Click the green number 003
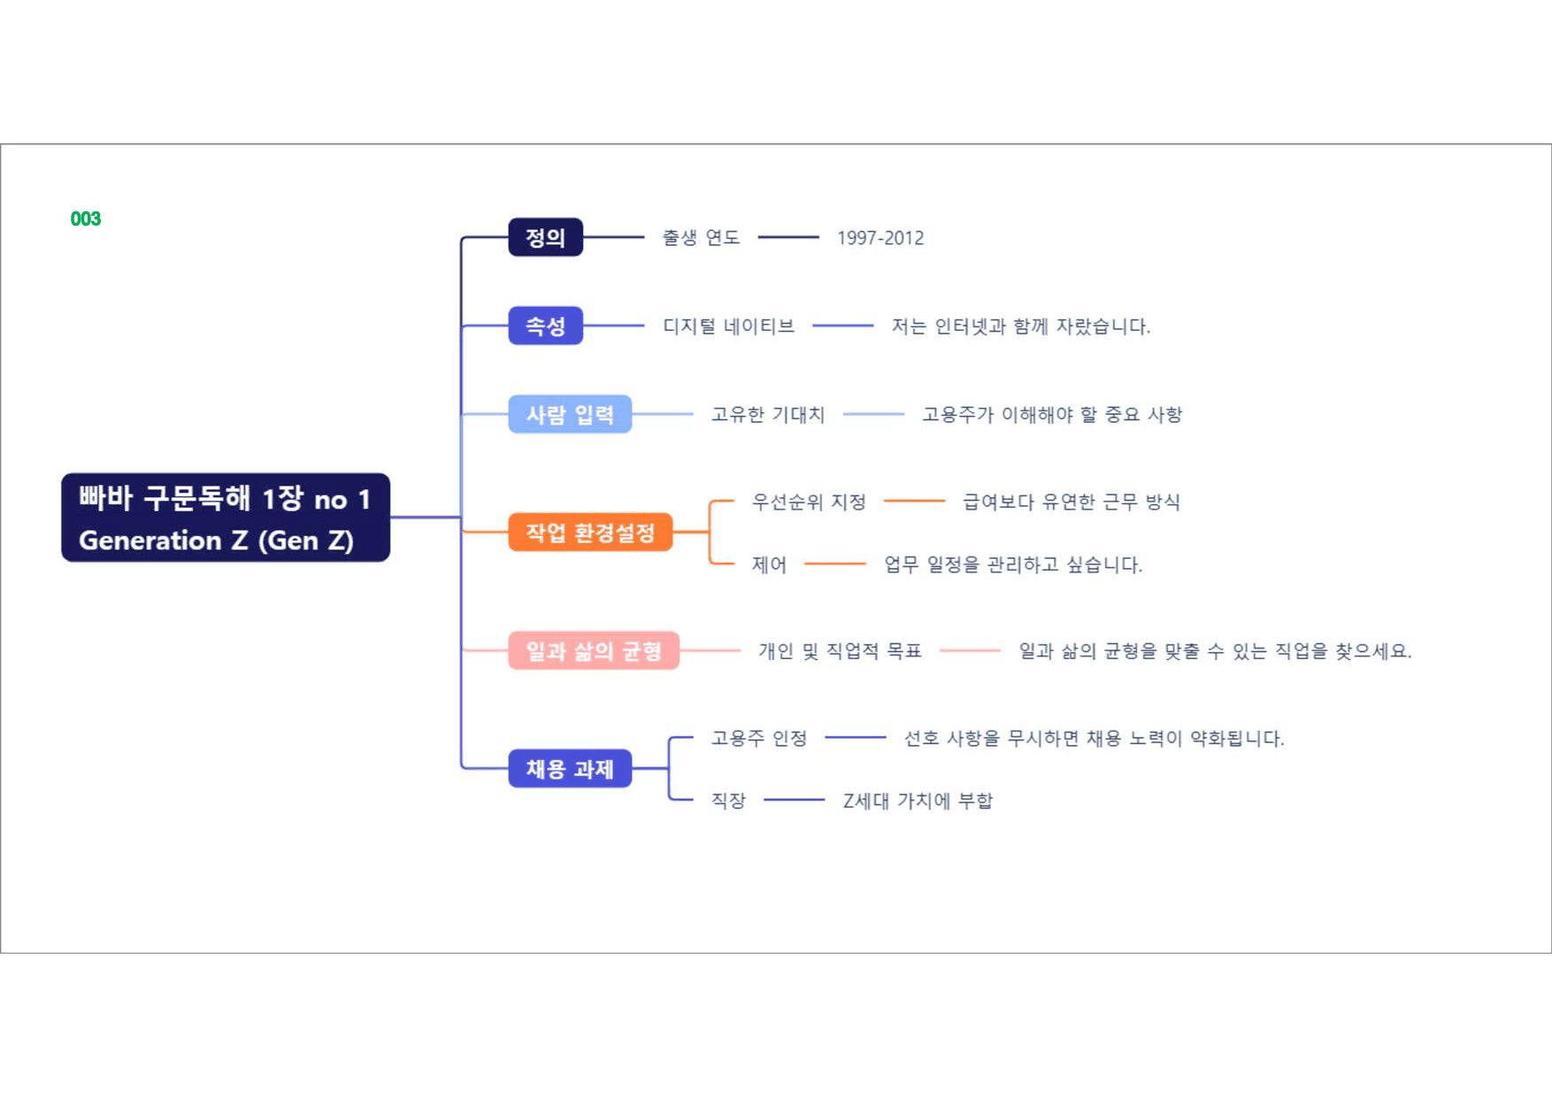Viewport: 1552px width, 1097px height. click(x=86, y=219)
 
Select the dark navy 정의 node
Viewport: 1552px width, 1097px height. click(x=545, y=237)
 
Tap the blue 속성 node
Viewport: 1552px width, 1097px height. click(x=545, y=326)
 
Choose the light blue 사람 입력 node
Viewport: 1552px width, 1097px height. click(x=570, y=414)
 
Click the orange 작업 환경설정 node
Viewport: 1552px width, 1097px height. click(x=590, y=533)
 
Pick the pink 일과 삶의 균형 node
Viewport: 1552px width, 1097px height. click(x=594, y=650)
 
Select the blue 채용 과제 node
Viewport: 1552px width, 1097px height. click(x=570, y=769)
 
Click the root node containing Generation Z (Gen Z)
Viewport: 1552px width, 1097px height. click(x=226, y=518)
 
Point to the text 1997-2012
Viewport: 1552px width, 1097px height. click(x=880, y=238)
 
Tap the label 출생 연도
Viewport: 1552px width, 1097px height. click(x=701, y=237)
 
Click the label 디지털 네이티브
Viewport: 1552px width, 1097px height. click(x=728, y=326)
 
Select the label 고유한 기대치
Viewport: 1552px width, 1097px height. click(x=768, y=414)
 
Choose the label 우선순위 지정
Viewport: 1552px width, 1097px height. click(x=809, y=502)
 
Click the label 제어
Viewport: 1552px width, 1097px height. click(x=769, y=564)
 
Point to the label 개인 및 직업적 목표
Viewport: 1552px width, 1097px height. click(x=840, y=651)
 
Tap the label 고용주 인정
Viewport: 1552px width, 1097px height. click(x=759, y=738)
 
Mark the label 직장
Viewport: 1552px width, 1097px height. click(x=728, y=801)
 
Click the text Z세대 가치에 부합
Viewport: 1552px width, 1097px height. click(x=918, y=801)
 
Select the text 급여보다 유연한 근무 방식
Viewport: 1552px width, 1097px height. click(x=1072, y=502)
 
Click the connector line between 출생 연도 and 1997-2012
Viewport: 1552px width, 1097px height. click(x=788, y=237)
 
